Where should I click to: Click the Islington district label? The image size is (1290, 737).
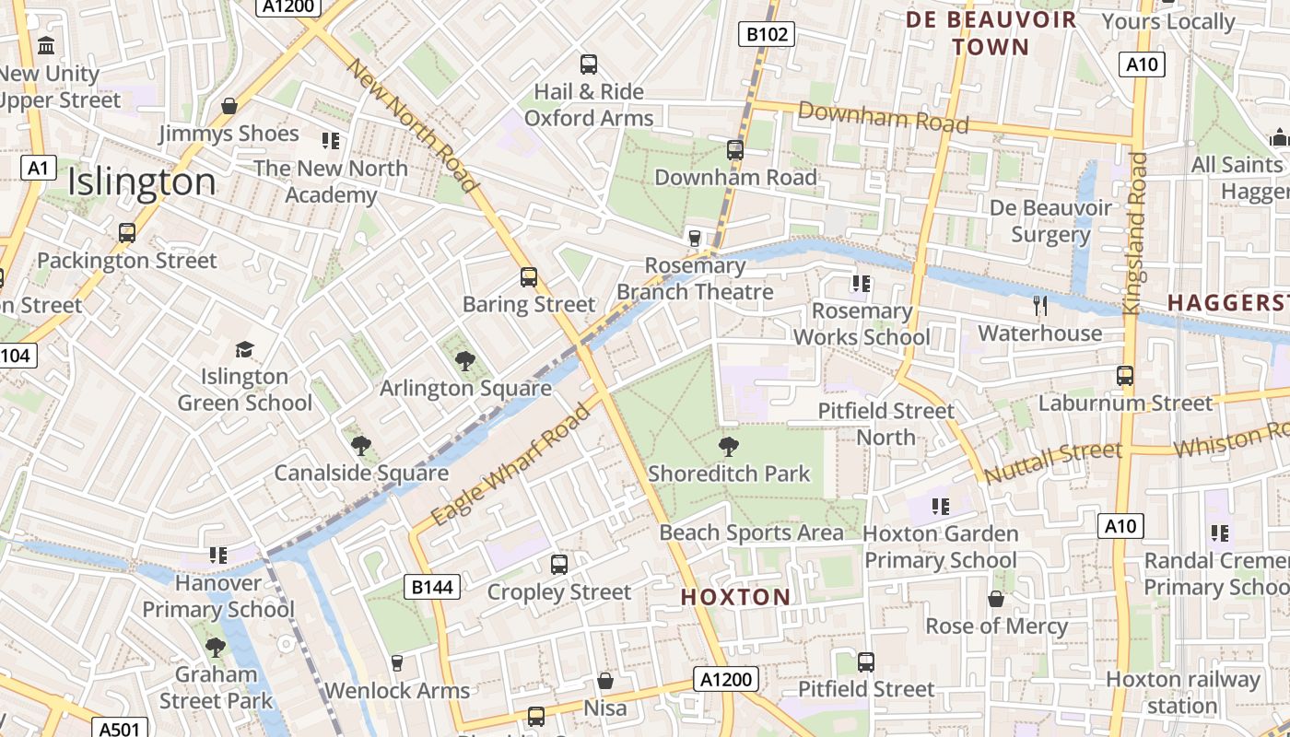click(141, 182)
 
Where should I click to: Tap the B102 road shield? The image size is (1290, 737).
click(767, 35)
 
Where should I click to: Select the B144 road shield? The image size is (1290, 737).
click(432, 587)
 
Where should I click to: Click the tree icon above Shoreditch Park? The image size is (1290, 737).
click(729, 447)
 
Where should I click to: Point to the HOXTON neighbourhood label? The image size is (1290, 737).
click(735, 597)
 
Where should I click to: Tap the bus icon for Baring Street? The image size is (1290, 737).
click(529, 277)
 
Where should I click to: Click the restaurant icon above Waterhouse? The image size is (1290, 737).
click(1040, 305)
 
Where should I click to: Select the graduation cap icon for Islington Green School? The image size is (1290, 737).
click(244, 350)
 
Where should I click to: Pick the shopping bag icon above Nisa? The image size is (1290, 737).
click(605, 681)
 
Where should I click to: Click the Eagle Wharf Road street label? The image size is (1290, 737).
click(510, 465)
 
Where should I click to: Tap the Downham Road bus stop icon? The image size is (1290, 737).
click(735, 149)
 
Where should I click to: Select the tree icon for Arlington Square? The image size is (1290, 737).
click(465, 361)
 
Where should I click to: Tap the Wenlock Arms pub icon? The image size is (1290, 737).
click(397, 663)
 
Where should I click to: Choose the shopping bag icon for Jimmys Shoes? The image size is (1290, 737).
click(229, 106)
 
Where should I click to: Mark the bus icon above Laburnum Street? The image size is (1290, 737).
click(1125, 376)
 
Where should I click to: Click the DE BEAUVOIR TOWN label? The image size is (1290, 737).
click(991, 33)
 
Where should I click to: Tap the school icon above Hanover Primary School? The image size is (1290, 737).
click(218, 555)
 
